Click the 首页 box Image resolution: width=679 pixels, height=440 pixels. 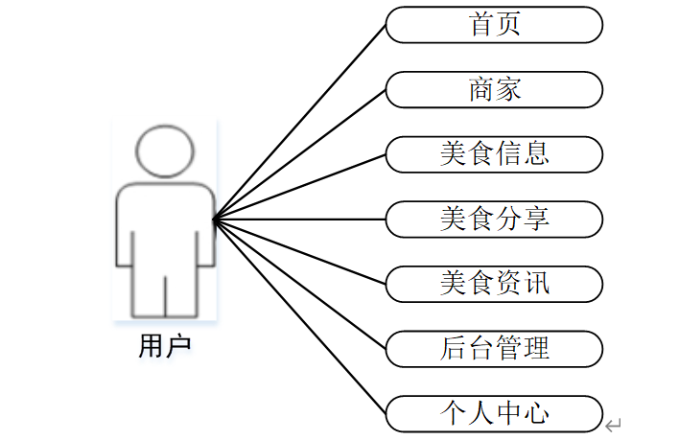coord(494,25)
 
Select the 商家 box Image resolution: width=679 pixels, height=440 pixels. coord(494,89)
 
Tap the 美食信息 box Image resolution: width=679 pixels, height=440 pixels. coord(494,154)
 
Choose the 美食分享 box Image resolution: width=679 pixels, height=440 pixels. coord(494,219)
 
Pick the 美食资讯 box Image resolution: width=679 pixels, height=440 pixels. coord(494,284)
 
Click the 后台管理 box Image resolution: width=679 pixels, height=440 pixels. coord(494,348)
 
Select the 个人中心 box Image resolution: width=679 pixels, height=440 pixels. coord(494,413)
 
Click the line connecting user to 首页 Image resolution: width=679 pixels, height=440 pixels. coord(299,122)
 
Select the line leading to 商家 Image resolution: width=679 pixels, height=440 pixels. coord(299,154)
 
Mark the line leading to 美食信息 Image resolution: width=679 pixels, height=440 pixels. coord(299,187)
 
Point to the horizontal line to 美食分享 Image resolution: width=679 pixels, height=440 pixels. coord(299,220)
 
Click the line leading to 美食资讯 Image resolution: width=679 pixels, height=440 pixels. coord(299,252)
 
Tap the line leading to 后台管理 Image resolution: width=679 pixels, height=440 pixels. coord(299,285)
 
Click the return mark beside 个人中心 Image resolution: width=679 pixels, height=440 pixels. coord(614,424)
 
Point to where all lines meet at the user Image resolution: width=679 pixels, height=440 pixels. coord(214,220)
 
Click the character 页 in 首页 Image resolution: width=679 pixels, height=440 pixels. coord(508,25)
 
